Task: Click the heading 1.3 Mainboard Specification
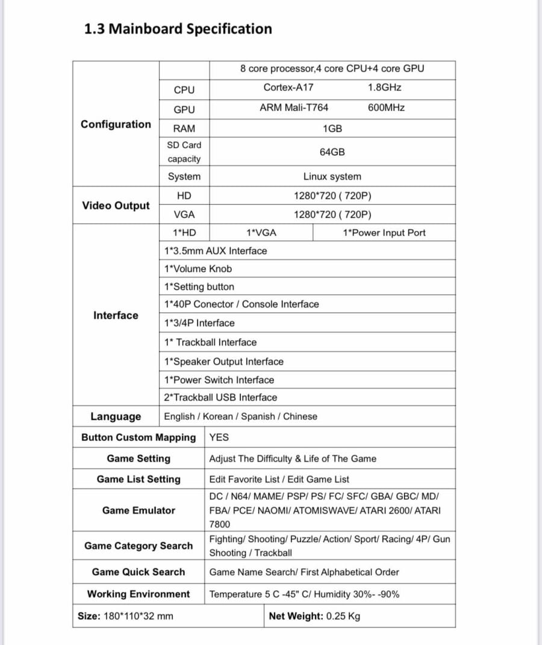pos(178,29)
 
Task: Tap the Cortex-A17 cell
pos(288,87)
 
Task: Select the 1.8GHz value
pos(384,87)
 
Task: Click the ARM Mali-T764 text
pos(294,108)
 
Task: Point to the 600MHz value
pos(386,108)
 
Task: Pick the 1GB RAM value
pos(332,129)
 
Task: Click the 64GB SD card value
pos(332,152)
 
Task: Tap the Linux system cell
pos(332,176)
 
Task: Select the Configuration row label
pos(116,125)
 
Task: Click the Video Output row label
pos(116,206)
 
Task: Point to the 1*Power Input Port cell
pos(384,233)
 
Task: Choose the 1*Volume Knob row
pos(198,269)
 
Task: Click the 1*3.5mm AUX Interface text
pos(215,251)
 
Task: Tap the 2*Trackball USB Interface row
pos(220,398)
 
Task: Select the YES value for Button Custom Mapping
pos(219,437)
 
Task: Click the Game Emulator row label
pos(139,510)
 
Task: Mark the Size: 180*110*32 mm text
pos(125,616)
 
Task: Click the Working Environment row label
pos(139,594)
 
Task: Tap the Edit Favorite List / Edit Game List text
pos(279,480)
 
